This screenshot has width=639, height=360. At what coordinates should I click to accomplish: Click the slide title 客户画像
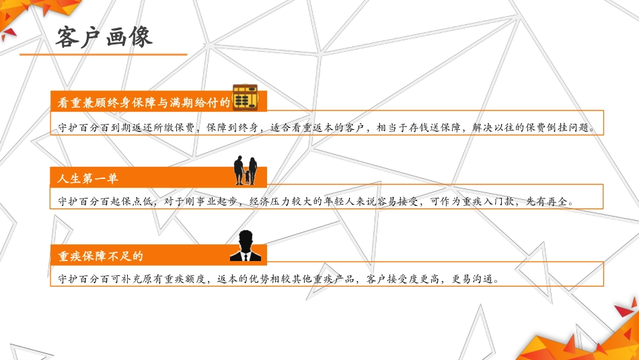click(x=104, y=37)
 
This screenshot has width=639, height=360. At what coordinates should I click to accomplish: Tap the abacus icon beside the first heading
click(x=246, y=97)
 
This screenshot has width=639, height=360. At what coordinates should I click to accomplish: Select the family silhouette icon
click(x=246, y=172)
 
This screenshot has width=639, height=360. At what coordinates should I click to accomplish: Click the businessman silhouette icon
click(x=246, y=246)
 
